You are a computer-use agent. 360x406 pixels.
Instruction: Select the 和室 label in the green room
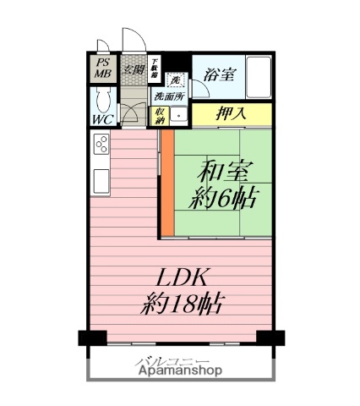click(x=222, y=171)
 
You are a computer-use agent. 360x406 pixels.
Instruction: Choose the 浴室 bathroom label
click(x=219, y=74)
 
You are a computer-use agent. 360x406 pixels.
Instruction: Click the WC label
click(x=102, y=119)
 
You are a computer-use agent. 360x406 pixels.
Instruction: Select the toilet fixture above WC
click(x=101, y=101)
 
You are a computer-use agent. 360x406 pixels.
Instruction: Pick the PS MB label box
click(x=102, y=68)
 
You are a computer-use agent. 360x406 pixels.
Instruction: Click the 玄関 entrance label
click(x=133, y=69)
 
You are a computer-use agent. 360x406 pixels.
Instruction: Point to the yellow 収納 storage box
click(x=160, y=115)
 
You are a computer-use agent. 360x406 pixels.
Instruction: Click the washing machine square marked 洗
click(x=176, y=80)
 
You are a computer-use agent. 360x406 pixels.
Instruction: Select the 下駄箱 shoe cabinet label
click(x=155, y=68)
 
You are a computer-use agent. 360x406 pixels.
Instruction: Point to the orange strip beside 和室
click(x=167, y=183)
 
